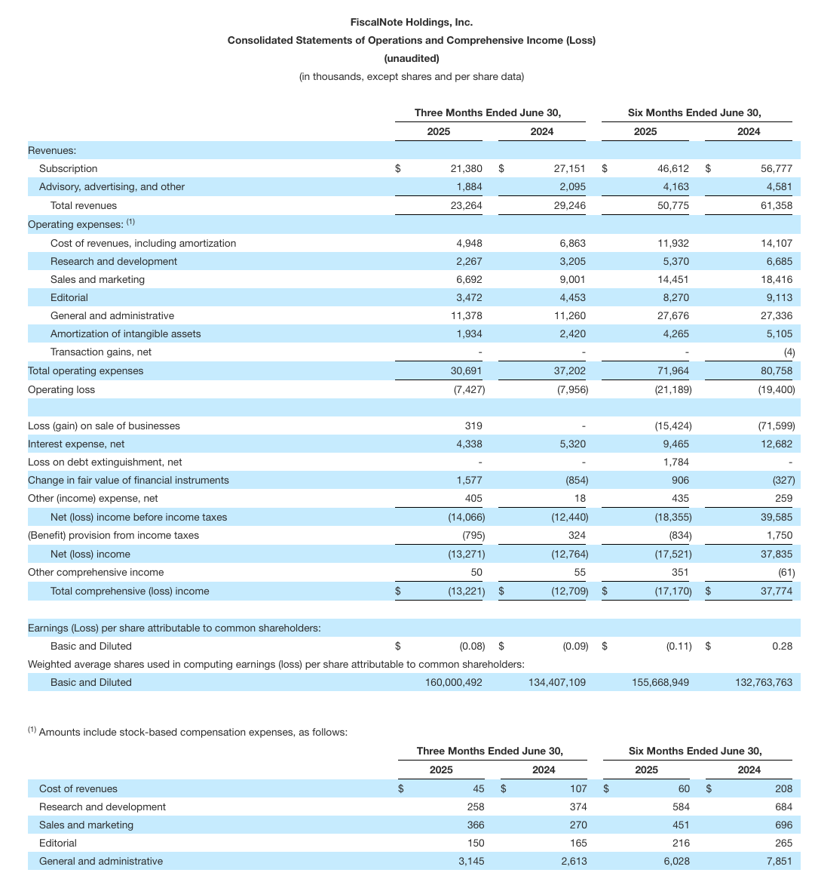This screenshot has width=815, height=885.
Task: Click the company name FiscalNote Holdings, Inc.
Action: click(411, 22)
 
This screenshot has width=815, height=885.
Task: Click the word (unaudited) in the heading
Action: click(411, 58)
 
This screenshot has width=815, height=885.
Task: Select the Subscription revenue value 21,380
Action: click(466, 169)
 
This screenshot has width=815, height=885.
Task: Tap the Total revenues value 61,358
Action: click(777, 205)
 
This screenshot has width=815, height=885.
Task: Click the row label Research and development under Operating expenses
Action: click(113, 261)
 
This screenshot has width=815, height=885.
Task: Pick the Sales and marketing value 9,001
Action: click(570, 279)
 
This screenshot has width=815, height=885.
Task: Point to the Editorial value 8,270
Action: click(673, 297)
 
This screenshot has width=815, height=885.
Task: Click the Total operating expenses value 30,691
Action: click(466, 370)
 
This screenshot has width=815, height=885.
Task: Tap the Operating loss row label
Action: click(61, 389)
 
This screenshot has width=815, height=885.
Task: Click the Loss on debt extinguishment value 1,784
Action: click(674, 462)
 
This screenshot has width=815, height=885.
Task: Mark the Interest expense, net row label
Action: click(76, 444)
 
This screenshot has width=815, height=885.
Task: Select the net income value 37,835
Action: click(777, 554)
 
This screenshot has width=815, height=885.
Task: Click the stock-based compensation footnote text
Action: click(192, 732)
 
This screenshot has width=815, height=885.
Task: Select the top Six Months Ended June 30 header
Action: click(694, 112)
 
